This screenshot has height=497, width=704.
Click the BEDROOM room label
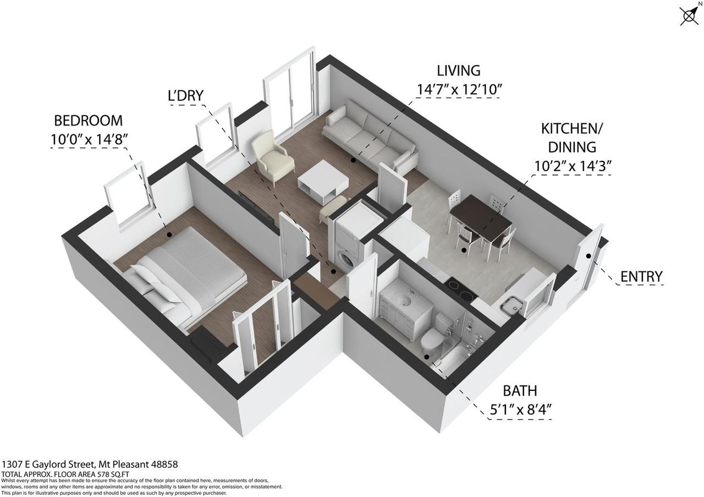tap(89, 121)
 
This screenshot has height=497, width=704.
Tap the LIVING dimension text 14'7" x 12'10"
tap(458, 90)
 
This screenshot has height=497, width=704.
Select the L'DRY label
tap(186, 96)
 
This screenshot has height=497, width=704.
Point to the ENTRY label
tap(641, 276)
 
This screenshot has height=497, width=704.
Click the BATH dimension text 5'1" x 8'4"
tap(521, 410)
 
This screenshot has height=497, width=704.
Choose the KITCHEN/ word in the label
tap(571, 129)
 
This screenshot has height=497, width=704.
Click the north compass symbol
tap(690, 14)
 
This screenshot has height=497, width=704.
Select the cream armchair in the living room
tap(272, 157)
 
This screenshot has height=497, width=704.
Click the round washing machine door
tap(346, 260)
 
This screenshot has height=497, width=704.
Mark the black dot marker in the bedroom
tap(169, 234)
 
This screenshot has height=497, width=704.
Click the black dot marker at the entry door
tap(588, 256)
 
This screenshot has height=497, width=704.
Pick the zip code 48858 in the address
tap(164, 465)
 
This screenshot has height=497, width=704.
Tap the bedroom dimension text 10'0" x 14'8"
tap(89, 139)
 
